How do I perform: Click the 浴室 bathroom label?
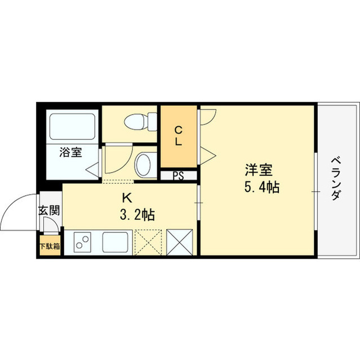coord(70,152)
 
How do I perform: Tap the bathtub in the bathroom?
coord(73,126)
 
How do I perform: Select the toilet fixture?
coord(140,122)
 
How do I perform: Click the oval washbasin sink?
coord(143,165)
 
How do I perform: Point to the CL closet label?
coord(179,136)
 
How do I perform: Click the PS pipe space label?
coord(179,176)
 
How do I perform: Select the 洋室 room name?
coord(259,170)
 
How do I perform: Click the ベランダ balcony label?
coord(336,178)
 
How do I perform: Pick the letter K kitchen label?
coord(127,198)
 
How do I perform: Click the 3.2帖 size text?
coord(137,214)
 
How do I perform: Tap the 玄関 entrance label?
coord(49,210)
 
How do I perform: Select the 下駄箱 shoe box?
coord(50,246)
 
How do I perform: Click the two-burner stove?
coord(82,242)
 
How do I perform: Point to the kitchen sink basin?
coord(115,242)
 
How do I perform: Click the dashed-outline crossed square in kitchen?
coord(148,242)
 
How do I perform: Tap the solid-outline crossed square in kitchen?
coord(179,242)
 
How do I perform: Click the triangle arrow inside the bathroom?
coord(92,170)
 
